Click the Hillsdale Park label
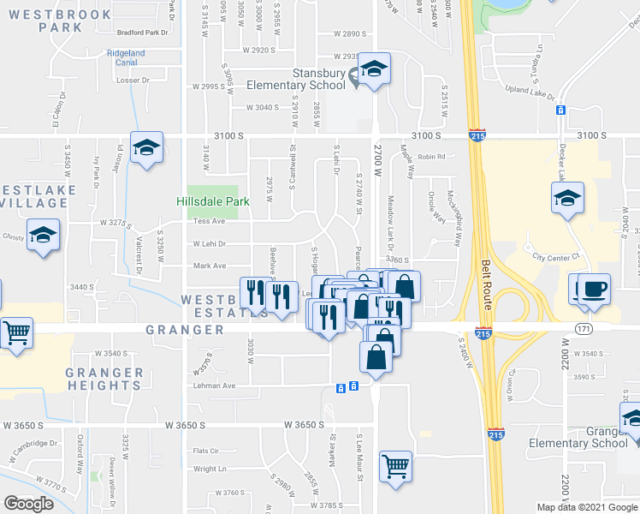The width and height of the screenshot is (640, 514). pyautogui.click(x=212, y=202)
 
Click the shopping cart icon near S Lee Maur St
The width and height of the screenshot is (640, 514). pyautogui.click(x=396, y=467)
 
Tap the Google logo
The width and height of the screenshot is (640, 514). pyautogui.click(x=28, y=504)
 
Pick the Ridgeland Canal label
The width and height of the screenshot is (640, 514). pyautogui.click(x=126, y=57)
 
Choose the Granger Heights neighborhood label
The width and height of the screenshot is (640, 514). pyautogui.click(x=104, y=379)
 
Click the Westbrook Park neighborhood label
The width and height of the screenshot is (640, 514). pyautogui.click(x=74, y=21)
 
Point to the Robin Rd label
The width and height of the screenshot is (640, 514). pyautogui.click(x=433, y=157)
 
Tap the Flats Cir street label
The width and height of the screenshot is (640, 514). pyautogui.click(x=206, y=451)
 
